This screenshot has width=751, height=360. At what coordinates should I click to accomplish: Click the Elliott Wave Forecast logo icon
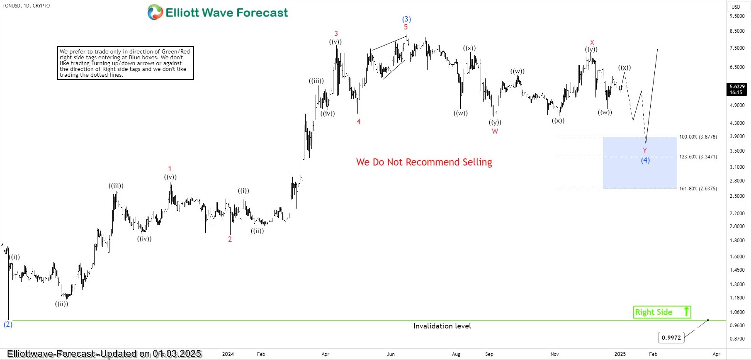click(155, 12)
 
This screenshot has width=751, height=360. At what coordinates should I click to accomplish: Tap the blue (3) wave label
click(406, 19)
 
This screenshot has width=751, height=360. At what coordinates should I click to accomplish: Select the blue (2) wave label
click(8, 324)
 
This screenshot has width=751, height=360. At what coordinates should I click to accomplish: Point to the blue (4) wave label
click(645, 160)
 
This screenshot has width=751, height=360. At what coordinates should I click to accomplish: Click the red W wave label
click(495, 131)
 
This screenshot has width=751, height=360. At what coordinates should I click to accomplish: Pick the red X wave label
click(592, 42)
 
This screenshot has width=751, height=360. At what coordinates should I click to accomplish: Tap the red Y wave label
click(645, 151)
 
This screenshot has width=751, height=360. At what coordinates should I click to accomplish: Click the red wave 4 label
click(359, 122)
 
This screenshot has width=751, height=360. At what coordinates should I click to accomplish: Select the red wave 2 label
click(230, 239)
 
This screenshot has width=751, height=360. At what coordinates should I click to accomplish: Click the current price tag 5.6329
click(737, 87)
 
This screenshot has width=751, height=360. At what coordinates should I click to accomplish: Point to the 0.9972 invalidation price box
click(671, 338)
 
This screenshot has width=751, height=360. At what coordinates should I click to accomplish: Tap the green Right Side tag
click(661, 312)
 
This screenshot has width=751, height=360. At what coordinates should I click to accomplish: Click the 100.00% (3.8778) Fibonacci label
click(698, 137)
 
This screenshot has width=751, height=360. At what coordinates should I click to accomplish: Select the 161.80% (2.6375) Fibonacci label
click(698, 189)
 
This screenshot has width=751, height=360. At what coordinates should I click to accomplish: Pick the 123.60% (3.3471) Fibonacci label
click(698, 157)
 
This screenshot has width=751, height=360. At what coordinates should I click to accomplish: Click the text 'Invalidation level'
click(442, 326)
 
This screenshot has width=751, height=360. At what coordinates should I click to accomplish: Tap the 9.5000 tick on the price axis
click(737, 16)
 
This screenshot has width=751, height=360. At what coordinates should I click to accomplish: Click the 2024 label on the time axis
click(228, 354)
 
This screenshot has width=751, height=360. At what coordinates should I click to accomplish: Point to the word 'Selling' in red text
click(477, 162)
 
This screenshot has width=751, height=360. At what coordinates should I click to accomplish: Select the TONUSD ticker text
click(12, 6)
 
